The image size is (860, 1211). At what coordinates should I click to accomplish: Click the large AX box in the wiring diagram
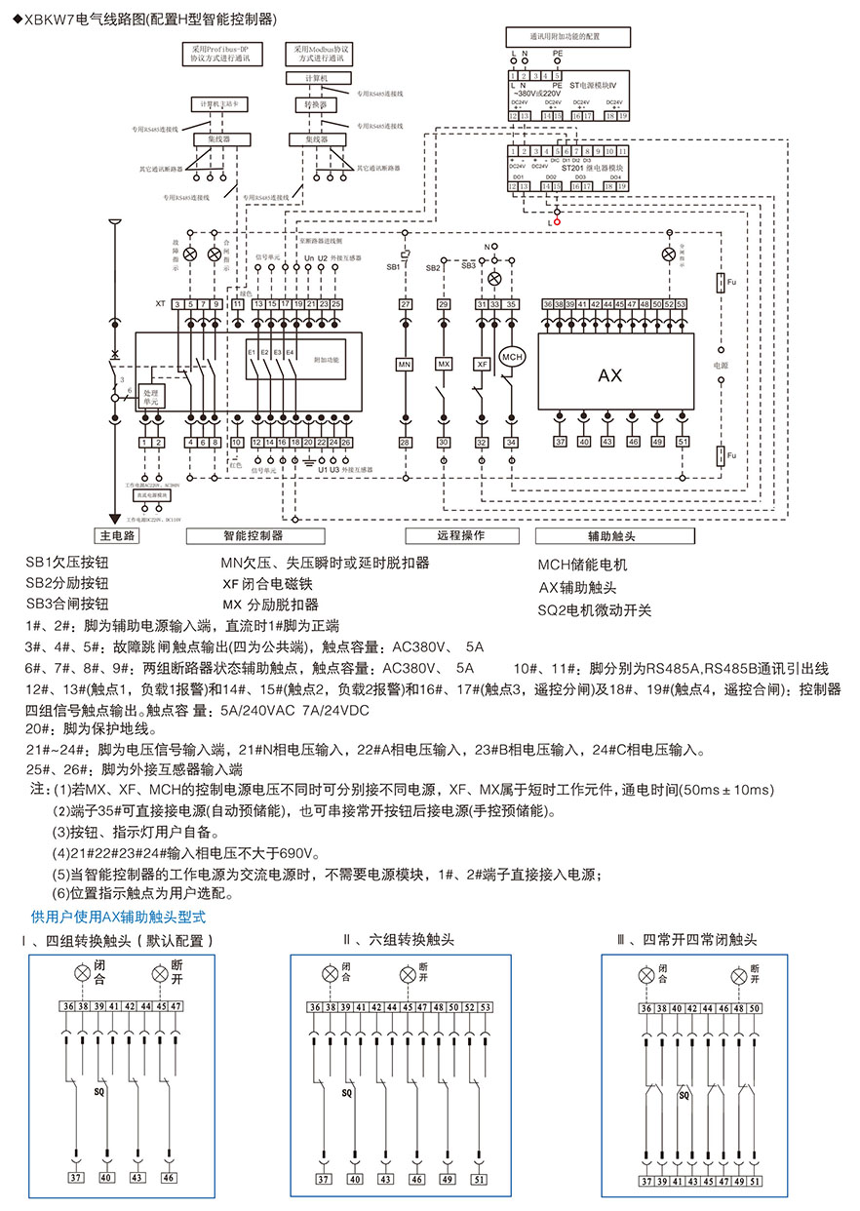coord(609,374)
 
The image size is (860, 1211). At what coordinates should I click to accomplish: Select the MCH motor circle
coord(513,358)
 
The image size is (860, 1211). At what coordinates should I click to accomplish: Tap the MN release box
coord(406,364)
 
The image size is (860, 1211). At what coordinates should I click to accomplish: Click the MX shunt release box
coord(444,364)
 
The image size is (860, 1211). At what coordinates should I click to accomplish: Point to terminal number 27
coord(406,305)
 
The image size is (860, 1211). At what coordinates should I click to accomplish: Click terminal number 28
coord(406,443)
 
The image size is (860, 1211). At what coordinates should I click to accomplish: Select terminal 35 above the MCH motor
coord(511,305)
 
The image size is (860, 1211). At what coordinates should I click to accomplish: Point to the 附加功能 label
coord(328,360)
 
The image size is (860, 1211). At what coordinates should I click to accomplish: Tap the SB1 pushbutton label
coord(392,266)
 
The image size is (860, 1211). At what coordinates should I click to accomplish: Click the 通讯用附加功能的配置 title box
coord(565,36)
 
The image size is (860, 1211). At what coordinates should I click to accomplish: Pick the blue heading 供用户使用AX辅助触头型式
coord(119,917)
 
